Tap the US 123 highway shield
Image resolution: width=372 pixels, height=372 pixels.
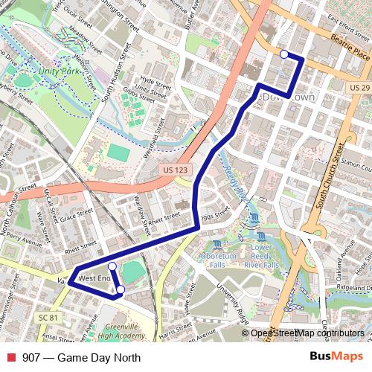(x=173, y=170)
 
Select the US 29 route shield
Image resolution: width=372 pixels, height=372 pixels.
(x=359, y=88)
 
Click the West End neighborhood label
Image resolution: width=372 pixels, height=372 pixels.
(x=94, y=278)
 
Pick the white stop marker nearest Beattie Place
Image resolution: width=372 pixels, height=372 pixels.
(x=283, y=54)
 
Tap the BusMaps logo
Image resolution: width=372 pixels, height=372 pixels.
(x=336, y=357)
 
